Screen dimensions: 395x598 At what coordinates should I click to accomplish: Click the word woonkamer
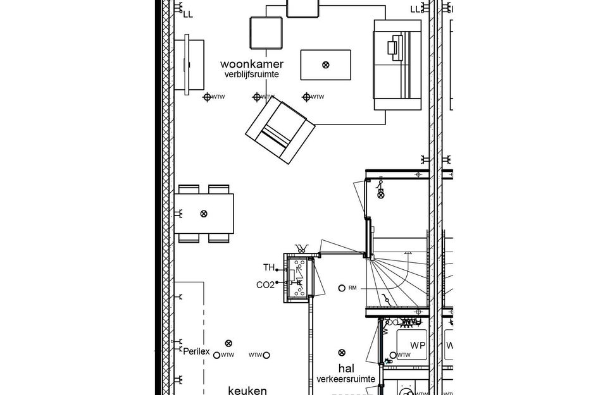251,64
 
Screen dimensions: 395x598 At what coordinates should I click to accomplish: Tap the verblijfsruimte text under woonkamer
251,75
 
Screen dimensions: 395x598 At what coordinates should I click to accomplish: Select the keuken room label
248,390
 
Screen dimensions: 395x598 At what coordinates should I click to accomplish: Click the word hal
346,368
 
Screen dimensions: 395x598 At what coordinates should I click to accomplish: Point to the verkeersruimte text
346,379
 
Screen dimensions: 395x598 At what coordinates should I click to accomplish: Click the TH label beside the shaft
269,268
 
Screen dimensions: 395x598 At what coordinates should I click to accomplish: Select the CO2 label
265,285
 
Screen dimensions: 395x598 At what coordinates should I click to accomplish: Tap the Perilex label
196,352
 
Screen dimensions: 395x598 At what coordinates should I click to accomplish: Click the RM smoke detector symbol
342,288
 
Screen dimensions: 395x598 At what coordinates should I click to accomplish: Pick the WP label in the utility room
418,346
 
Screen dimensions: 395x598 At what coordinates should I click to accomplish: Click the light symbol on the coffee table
325,64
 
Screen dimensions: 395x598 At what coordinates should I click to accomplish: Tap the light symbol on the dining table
203,214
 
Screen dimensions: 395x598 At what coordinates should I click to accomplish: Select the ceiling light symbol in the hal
342,352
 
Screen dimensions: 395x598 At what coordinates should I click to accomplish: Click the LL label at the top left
188,13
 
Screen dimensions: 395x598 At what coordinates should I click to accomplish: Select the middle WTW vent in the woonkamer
257,97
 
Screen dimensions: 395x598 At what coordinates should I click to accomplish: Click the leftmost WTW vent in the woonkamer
207,97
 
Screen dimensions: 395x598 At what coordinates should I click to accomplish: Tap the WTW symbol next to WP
394,355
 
